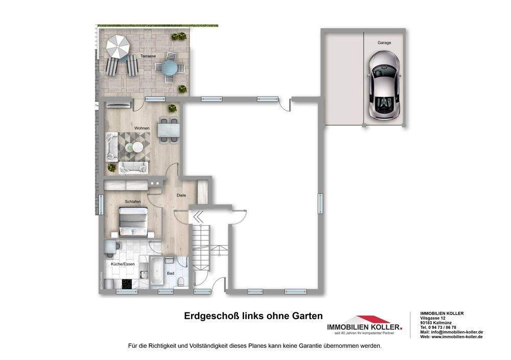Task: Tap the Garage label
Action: click(x=384, y=43)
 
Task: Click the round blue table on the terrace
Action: click(x=168, y=67)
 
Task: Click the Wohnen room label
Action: click(x=142, y=128)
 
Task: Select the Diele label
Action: click(x=181, y=195)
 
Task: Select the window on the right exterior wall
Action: click(x=321, y=200)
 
